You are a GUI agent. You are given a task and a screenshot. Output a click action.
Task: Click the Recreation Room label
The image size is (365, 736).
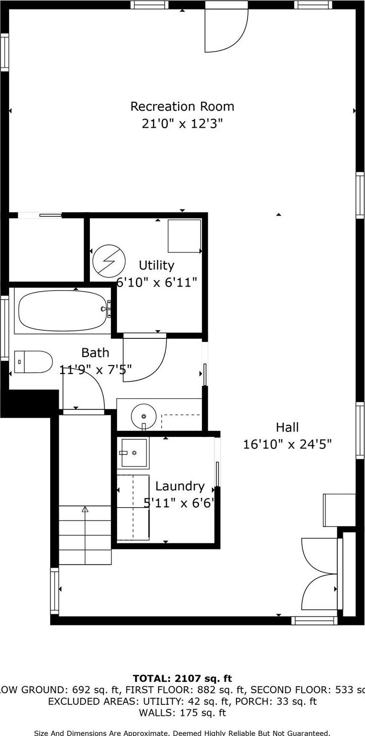click(x=182, y=107)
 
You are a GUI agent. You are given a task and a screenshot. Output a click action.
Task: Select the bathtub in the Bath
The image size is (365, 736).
click(x=62, y=310)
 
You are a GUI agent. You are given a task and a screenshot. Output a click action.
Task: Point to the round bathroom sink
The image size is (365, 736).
click(x=144, y=416)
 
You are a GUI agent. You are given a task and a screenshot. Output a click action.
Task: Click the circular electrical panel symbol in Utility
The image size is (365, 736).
click(x=109, y=261)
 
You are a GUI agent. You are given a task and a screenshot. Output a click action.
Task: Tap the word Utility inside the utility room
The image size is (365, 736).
click(x=157, y=265)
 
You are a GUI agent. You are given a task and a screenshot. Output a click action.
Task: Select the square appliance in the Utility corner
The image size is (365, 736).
click(x=184, y=236)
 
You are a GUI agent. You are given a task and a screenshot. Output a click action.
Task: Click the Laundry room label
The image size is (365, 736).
click(x=180, y=486)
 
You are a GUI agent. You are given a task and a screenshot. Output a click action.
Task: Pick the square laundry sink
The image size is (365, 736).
click(x=134, y=452)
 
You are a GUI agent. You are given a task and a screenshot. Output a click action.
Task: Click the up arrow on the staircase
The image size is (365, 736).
click(x=85, y=509)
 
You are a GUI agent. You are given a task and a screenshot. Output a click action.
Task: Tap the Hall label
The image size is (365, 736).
click(x=287, y=427)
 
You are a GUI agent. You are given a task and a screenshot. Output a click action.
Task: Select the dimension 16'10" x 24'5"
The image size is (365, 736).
click(x=287, y=444)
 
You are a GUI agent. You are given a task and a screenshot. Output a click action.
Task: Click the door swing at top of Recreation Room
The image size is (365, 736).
click(x=226, y=30)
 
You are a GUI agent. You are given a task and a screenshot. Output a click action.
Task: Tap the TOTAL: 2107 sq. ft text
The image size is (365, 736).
click(x=182, y=679)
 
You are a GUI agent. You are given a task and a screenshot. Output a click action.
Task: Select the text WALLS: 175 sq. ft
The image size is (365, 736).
click(x=182, y=713)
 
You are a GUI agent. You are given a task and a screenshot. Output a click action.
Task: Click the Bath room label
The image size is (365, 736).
click(x=95, y=353)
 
